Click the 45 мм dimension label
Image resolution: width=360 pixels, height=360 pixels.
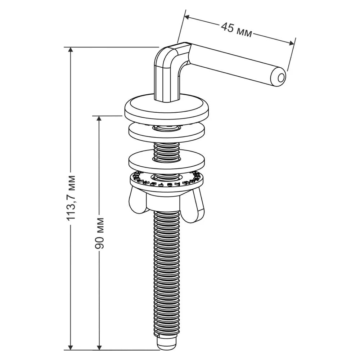click(x=237, y=30)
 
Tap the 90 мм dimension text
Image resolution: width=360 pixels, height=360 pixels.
click(x=99, y=233)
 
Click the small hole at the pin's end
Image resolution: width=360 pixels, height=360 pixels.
click(x=280, y=78)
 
